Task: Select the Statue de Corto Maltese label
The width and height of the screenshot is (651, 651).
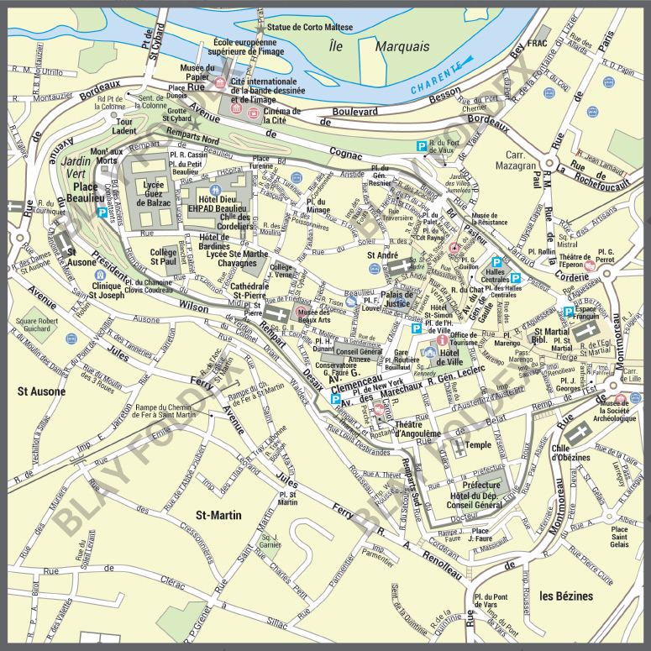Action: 309,27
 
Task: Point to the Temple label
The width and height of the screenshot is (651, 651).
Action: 478,445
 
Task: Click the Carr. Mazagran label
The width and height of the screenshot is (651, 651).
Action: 521,160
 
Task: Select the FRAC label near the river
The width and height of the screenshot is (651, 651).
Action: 538,42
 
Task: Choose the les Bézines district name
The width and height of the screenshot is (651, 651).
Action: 566,596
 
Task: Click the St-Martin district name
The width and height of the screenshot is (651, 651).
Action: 218,514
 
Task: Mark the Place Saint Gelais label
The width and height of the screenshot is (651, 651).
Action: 619,537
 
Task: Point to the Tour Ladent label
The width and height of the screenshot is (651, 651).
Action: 123,126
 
